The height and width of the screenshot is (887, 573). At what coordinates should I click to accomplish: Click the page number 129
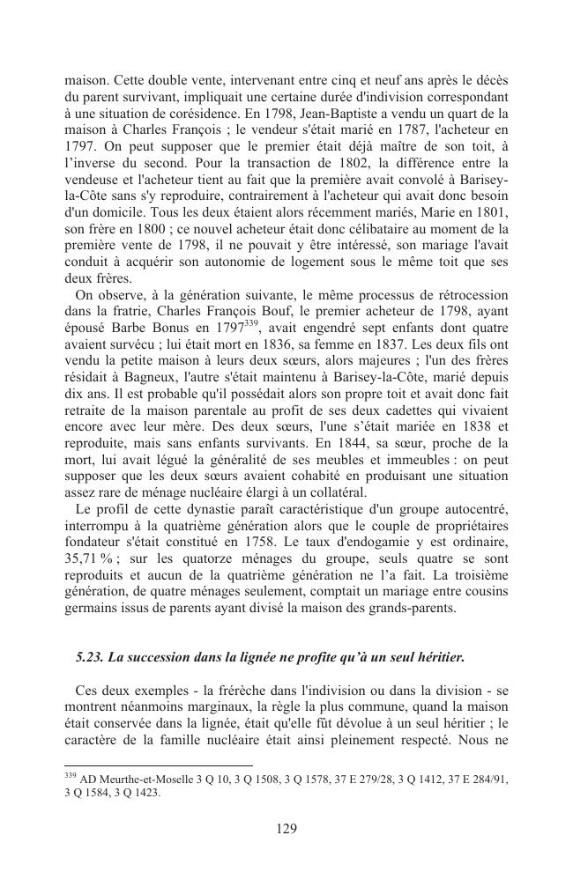click(x=286, y=828)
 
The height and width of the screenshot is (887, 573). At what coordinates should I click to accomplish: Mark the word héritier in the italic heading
click(x=435, y=656)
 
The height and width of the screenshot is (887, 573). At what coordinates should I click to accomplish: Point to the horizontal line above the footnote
click(x=159, y=765)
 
